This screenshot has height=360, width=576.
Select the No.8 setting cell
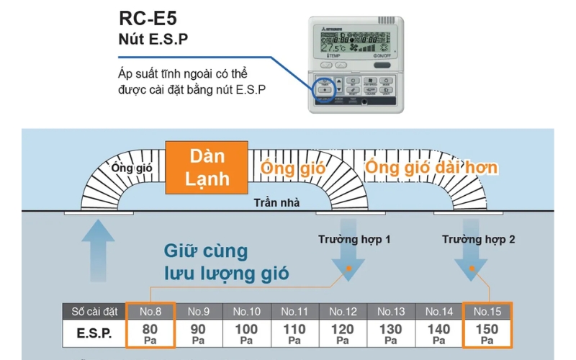tap(150, 312)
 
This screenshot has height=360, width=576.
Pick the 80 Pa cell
tap(150, 333)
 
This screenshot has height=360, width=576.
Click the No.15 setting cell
tap(487, 312)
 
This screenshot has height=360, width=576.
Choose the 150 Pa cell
tap(487, 333)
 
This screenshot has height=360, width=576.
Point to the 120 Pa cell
tap(343, 333)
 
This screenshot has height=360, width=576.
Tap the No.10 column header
tap(246, 312)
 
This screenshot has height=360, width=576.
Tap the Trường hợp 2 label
tap(478, 239)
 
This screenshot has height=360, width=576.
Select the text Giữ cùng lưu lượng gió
tap(226, 262)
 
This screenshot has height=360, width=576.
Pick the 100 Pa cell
tap(246, 333)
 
